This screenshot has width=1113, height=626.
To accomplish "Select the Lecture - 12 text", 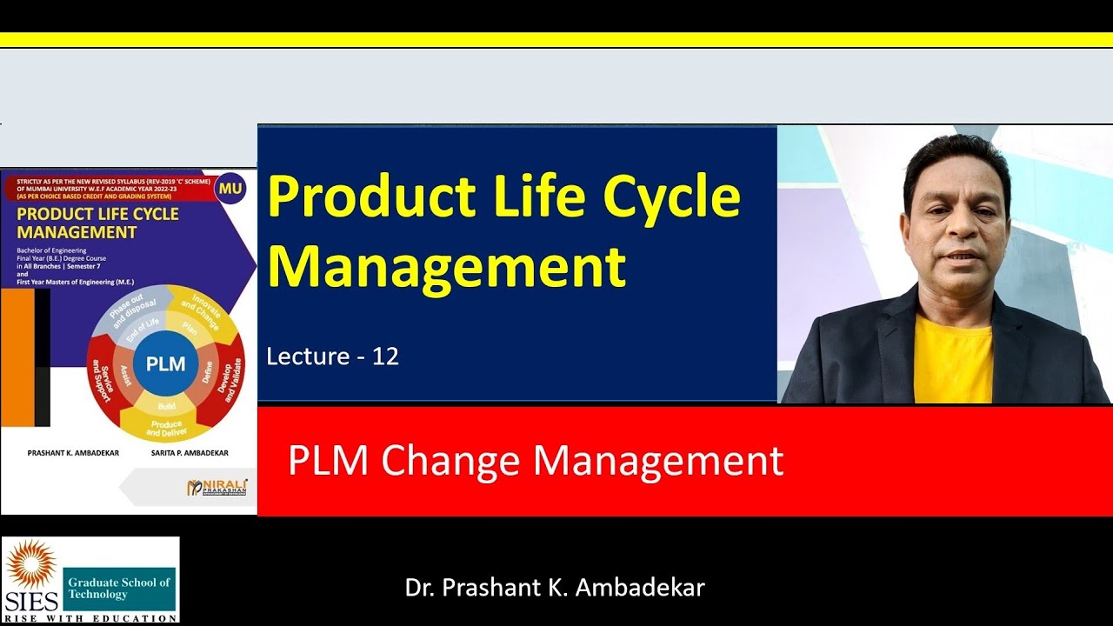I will (x=332, y=356).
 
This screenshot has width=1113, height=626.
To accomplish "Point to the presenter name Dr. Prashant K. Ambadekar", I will (x=555, y=587).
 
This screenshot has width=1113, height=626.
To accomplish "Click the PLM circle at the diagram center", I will (x=165, y=364).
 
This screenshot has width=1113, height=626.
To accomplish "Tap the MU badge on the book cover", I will (x=230, y=189).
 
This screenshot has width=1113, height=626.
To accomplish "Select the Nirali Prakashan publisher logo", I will (x=217, y=487).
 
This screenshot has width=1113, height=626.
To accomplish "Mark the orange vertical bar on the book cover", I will (x=17, y=356).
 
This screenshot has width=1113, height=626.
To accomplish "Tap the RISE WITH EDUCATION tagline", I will (x=90, y=617).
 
